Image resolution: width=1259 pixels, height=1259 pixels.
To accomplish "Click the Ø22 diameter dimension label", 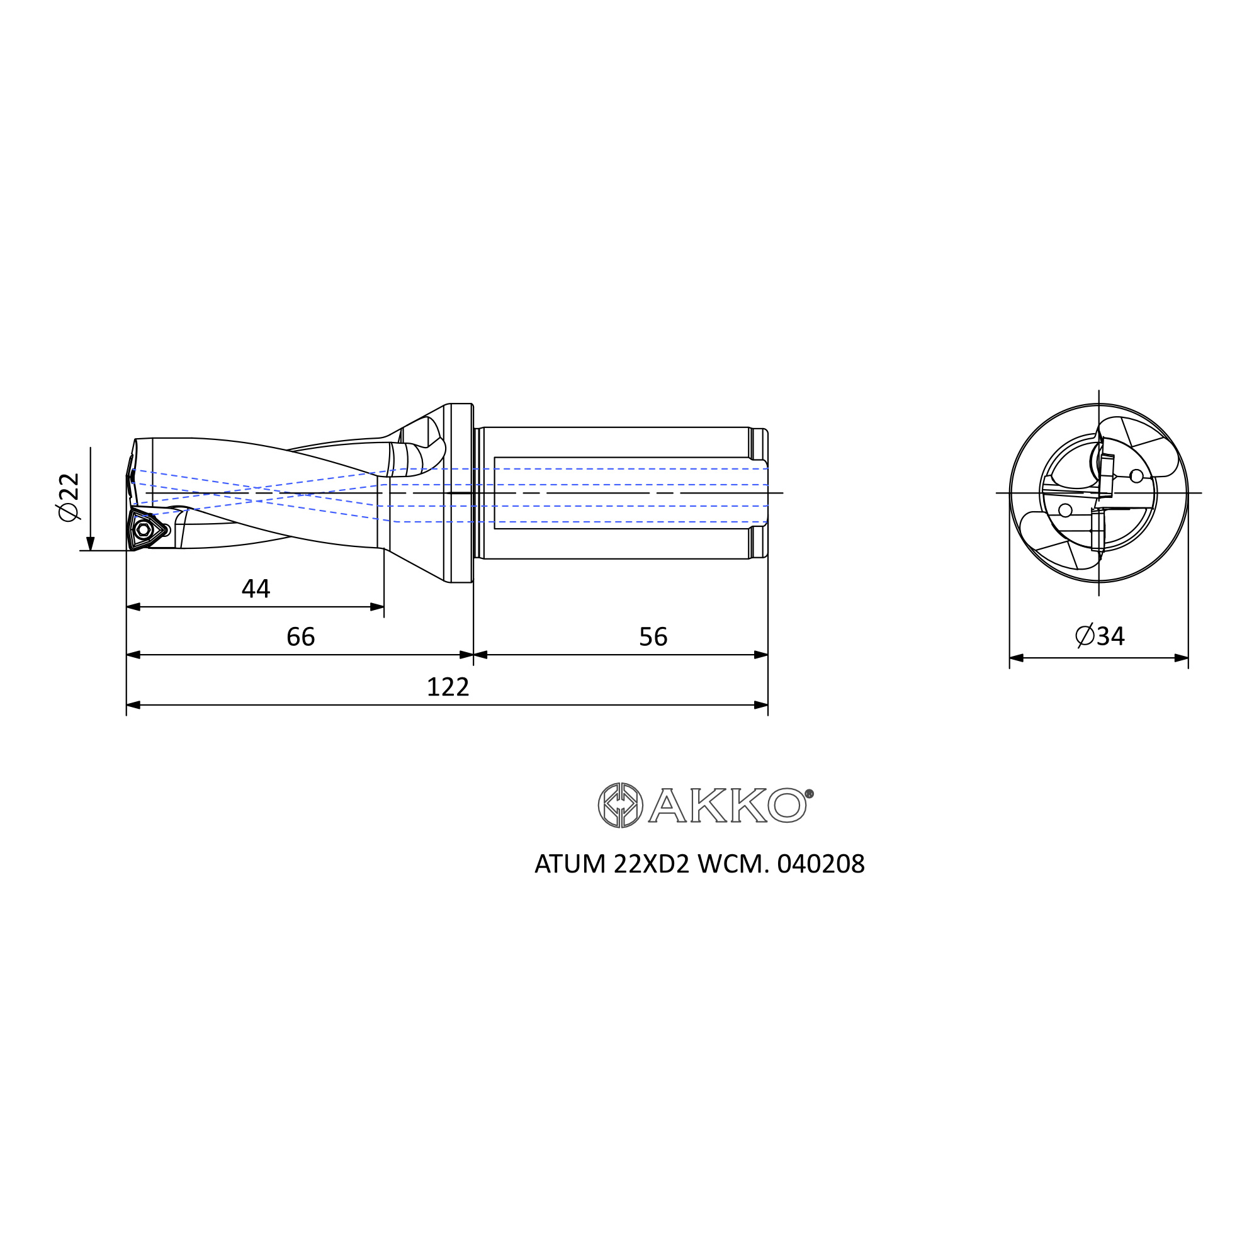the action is [x=69, y=497].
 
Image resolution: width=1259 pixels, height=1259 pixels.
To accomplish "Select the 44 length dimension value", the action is [x=256, y=589].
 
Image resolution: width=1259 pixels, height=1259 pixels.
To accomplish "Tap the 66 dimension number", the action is [x=300, y=636].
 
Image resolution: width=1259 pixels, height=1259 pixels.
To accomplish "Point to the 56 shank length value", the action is [x=653, y=636].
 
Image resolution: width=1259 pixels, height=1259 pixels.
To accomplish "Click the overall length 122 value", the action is [x=448, y=687].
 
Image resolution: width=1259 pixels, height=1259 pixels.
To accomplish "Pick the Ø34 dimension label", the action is [x=1099, y=636].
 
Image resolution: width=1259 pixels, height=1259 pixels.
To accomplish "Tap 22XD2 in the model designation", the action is [x=651, y=864].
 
